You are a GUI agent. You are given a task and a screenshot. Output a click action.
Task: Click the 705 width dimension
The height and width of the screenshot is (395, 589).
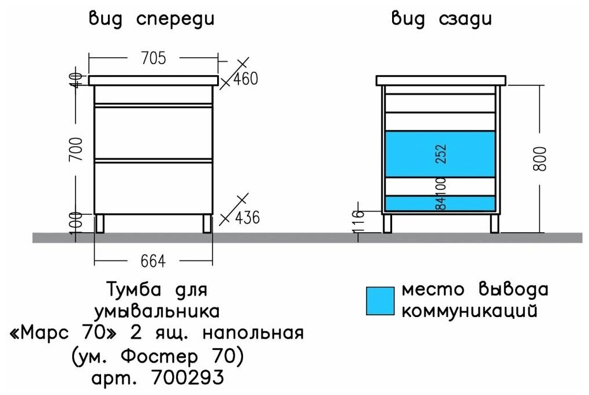(153, 58)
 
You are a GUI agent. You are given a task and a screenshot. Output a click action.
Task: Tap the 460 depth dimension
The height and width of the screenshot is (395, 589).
(245, 79)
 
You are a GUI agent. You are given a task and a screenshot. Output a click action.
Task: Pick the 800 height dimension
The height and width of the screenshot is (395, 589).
(540, 158)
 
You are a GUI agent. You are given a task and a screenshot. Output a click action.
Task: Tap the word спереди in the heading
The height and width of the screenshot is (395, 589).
(176, 19)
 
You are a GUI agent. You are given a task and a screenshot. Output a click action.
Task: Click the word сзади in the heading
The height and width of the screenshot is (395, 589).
(466, 19)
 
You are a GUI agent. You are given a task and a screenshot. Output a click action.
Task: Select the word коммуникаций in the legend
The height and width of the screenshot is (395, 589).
(469, 311)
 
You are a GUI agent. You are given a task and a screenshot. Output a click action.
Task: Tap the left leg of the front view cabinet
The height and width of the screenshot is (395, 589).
(101, 223)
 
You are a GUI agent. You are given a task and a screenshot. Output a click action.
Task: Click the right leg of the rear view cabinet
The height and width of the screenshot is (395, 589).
(494, 223)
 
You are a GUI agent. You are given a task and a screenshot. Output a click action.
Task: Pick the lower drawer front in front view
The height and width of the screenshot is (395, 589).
(154, 188)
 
